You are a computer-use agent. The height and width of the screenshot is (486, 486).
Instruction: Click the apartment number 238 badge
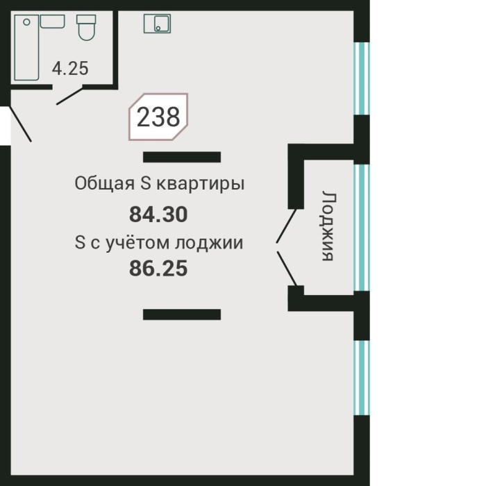click(158, 117)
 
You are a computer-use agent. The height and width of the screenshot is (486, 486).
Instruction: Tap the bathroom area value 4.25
click(70, 69)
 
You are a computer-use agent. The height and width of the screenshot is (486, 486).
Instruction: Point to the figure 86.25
click(158, 268)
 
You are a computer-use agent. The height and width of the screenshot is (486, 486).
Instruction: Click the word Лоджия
click(328, 226)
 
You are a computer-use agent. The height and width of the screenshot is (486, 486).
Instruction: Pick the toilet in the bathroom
click(86, 27)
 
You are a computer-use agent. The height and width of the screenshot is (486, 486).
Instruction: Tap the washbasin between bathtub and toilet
click(52, 22)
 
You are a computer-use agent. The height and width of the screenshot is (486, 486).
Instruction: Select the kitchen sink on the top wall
click(157, 24)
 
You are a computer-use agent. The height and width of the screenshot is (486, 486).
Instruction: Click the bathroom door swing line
click(70, 96)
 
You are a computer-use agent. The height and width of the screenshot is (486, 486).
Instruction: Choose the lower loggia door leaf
click(287, 268)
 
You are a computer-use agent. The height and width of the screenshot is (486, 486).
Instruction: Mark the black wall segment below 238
click(182, 157)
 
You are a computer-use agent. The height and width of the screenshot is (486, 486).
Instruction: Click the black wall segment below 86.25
click(182, 315)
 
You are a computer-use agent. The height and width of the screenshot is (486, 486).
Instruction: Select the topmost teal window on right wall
click(359, 78)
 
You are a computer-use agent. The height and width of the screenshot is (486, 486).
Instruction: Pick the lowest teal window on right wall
click(359, 378)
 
